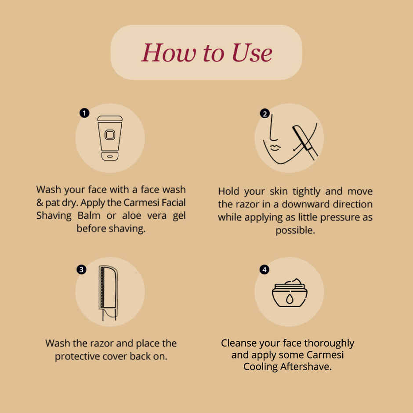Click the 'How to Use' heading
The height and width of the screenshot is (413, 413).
(206, 53)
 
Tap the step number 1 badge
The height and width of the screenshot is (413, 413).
(84, 113)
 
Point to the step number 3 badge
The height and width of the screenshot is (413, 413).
(81, 269)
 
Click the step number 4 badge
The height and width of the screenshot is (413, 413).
(264, 269)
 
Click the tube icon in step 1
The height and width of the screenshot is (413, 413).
(109, 138)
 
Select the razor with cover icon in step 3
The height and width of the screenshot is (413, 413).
(108, 292)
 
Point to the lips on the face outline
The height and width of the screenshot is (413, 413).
(275, 146)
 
